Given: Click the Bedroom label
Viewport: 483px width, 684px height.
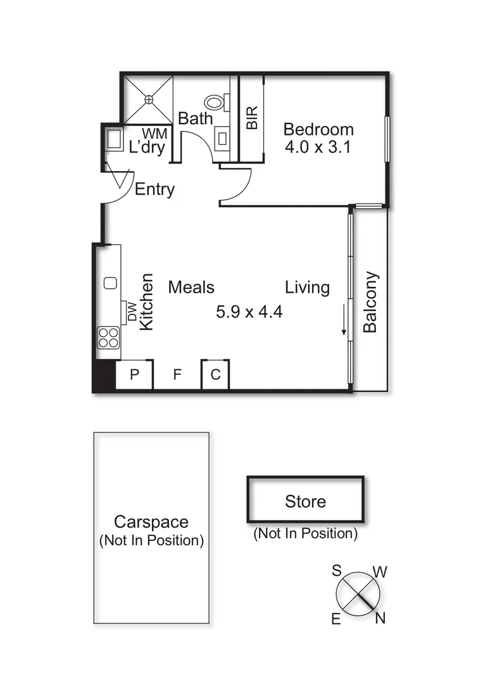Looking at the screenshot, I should tap(318, 130).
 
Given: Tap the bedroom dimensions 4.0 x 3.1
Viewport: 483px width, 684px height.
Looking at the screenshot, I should tap(318, 148).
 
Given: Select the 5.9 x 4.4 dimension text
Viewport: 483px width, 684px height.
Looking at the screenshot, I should tap(249, 312).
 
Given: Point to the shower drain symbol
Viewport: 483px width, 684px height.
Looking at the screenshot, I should tap(149, 99).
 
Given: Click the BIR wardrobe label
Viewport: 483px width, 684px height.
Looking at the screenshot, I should tap(252, 118).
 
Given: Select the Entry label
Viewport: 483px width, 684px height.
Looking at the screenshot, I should tap(154, 189).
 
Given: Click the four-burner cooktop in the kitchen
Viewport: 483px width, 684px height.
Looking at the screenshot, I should tap(108, 337).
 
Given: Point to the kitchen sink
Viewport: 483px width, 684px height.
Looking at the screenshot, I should tap(110, 283).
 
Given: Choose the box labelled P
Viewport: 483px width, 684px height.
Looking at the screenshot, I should tap(134, 375).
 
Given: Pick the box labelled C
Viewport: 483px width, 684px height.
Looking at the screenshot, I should tap(215, 375).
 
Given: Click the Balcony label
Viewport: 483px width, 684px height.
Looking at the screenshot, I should tap(370, 301).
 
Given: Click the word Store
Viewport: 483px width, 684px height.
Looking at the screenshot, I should tap(305, 502).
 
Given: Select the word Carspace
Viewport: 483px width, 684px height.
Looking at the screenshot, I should tap(151, 522).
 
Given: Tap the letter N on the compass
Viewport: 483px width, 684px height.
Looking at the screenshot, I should tap(380, 619).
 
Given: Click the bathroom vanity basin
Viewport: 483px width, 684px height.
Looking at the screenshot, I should tap(223, 139).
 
